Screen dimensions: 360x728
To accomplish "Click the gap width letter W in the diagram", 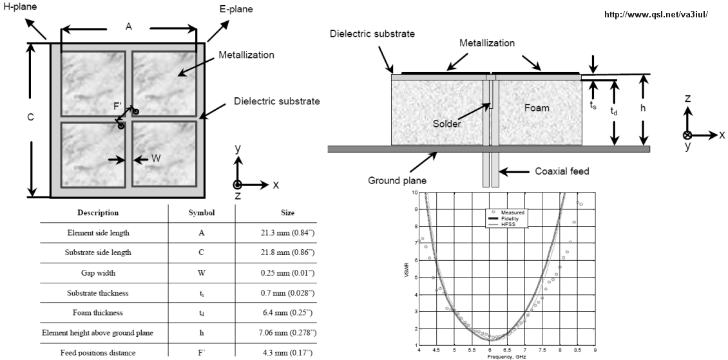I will point(156,159).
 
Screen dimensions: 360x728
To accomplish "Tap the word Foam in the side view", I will point(537,108).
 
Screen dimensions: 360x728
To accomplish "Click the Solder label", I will point(447,124).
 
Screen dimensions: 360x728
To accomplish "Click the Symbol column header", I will point(201,212).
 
